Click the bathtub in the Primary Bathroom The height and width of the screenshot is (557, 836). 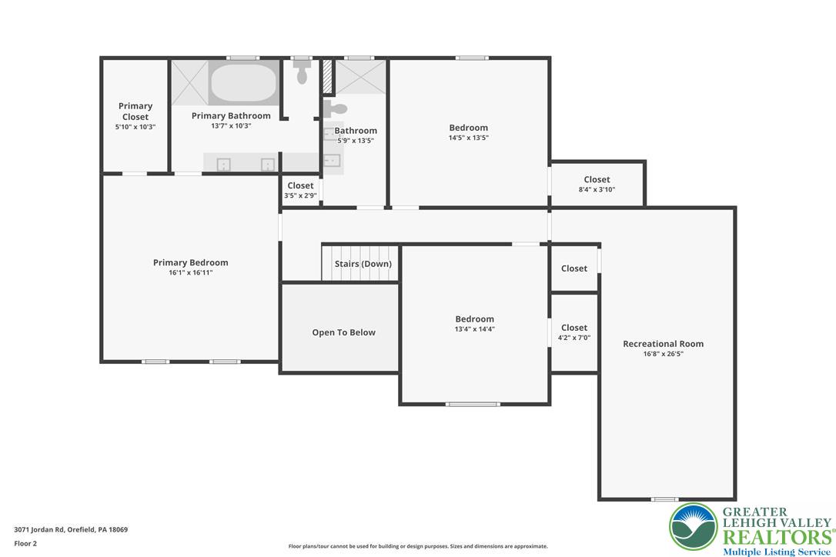243,82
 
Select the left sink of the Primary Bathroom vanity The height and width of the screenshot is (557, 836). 224,164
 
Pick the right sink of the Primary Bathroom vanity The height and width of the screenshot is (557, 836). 268,164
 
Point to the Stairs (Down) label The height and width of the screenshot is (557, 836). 363,264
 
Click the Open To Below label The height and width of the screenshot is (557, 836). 343,332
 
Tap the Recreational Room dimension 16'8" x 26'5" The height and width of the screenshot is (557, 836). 663,355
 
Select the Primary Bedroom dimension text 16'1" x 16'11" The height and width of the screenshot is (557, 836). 190,273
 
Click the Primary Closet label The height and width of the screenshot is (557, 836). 135,112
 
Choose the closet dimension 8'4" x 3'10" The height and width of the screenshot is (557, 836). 597,189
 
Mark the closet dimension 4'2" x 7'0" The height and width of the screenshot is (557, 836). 573,338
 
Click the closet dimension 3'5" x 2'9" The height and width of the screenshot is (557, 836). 300,195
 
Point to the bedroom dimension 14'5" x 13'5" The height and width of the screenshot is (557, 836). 468,138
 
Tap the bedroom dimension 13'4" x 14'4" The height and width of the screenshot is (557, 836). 474,329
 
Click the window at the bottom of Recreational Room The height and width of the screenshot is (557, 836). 664,499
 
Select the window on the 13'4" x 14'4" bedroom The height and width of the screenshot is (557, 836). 473,404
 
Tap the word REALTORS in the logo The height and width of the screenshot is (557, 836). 776,536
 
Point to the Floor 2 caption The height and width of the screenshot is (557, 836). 25,543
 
